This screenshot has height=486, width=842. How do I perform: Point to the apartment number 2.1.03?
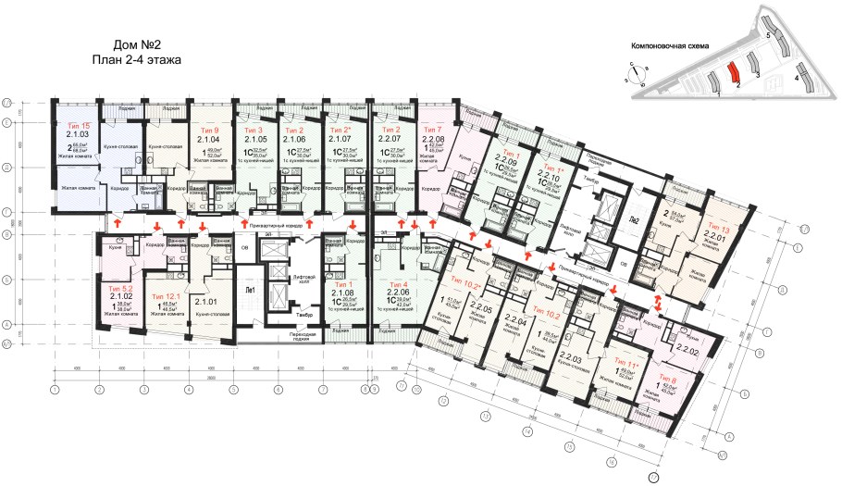[78, 134]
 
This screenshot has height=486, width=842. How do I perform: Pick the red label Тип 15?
[79, 124]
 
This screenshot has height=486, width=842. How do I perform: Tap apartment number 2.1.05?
[254, 140]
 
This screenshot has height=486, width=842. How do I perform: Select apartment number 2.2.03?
[571, 358]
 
